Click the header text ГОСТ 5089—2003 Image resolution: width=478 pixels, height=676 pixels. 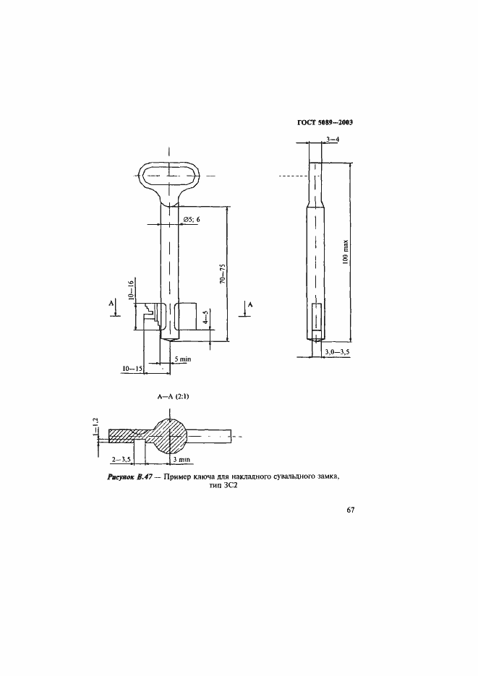click(x=325, y=122)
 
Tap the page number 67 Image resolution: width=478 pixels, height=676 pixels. click(x=350, y=510)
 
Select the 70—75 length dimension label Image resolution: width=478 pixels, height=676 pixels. click(x=222, y=274)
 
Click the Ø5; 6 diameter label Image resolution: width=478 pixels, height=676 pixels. click(x=192, y=220)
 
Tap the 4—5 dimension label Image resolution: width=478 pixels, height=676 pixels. click(x=205, y=317)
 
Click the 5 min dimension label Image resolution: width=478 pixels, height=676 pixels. click(x=183, y=359)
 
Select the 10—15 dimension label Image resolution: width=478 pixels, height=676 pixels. click(x=132, y=369)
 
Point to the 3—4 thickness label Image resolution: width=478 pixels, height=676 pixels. click(x=333, y=140)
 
